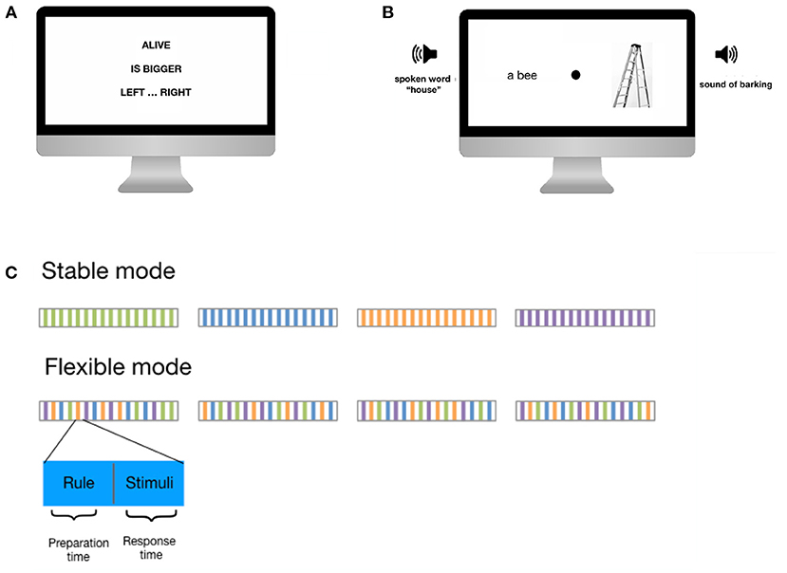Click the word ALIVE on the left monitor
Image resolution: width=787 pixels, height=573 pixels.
point(156,46)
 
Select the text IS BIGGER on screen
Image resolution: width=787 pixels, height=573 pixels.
point(156,68)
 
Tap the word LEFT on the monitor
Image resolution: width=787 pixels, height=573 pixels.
point(133,92)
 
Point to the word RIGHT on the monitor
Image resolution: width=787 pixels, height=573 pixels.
point(176,92)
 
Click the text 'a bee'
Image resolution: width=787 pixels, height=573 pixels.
point(522,75)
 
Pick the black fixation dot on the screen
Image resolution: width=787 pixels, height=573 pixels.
point(575,75)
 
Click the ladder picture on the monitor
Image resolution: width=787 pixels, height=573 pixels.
point(632,75)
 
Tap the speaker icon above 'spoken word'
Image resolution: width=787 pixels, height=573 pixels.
point(424,54)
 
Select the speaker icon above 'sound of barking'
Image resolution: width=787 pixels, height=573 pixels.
point(726,54)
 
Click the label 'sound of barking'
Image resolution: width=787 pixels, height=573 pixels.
point(736,84)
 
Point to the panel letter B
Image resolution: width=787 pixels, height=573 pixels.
point(387,12)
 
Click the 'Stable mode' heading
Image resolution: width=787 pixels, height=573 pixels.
point(108,271)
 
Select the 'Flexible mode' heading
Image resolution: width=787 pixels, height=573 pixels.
point(118,367)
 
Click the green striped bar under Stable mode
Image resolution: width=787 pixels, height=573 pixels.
point(108,318)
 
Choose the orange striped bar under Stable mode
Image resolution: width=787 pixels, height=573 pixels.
point(426,318)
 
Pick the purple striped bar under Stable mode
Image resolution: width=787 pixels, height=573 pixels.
point(585,318)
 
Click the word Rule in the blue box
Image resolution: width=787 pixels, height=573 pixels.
point(79,483)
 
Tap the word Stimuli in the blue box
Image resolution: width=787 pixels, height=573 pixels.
point(150,483)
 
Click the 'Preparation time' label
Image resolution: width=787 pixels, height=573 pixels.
point(78,550)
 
